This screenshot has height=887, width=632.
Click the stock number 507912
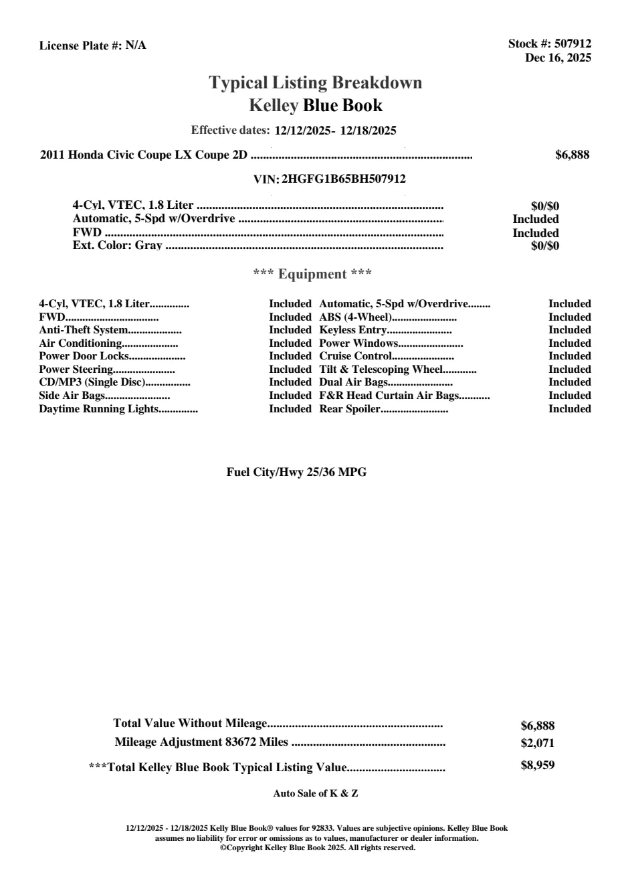tap(573, 44)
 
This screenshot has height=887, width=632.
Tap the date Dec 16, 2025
tap(558, 58)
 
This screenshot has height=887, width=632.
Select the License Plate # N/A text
tap(92, 46)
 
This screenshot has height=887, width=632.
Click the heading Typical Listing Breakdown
tap(316, 82)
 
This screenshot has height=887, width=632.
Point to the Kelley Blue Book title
tap(316, 105)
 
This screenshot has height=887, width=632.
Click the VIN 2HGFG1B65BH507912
tap(344, 179)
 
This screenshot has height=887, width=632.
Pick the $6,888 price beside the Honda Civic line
tap(572, 155)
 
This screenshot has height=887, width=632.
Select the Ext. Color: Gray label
tap(117, 246)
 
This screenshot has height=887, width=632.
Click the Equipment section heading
tap(312, 274)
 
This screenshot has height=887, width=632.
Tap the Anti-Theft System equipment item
tap(83, 330)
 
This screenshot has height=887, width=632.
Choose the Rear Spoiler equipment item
tap(350, 408)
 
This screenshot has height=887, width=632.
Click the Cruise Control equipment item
tap(355, 356)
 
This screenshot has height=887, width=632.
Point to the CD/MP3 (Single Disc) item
tap(92, 382)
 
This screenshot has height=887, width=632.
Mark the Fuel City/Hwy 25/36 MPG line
tap(296, 472)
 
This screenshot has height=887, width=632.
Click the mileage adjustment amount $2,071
tap(537, 742)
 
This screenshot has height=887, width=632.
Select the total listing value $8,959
tap(537, 765)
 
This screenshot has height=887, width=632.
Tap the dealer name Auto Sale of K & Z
tap(316, 793)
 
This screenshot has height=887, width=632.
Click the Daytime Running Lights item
tap(98, 408)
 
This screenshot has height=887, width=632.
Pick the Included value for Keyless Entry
tap(569, 330)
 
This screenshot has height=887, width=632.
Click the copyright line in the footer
tap(317, 848)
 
